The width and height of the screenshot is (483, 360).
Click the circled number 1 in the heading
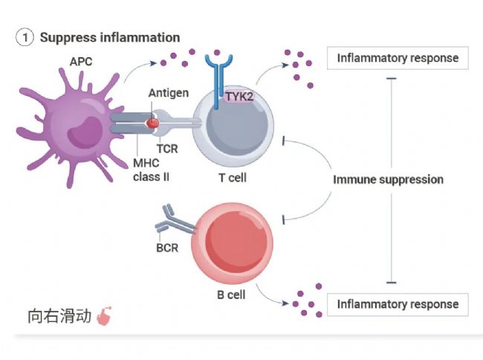coord(25,37)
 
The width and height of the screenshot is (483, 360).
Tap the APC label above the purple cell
coord(81,62)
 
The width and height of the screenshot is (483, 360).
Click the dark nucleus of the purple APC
coord(85,132)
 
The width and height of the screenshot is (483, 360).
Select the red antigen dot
coord(152,123)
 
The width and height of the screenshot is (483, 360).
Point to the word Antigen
coord(169,93)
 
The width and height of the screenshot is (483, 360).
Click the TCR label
coord(167,149)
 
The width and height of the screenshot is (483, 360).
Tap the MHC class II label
coord(151,170)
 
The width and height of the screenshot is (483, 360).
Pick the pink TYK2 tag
coord(239,97)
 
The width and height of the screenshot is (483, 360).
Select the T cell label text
coord(233,178)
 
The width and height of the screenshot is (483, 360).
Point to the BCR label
coord(167,248)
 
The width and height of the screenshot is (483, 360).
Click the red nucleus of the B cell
coord(236,242)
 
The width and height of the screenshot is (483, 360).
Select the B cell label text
coord(231,295)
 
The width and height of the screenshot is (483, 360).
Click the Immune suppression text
coord(388,180)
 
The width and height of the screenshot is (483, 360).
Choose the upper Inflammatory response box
coord(398,58)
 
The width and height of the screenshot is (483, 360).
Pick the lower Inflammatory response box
coord(398,304)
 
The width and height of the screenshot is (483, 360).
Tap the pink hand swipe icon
coord(104,316)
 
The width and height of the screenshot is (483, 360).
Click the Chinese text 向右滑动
coord(59,316)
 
